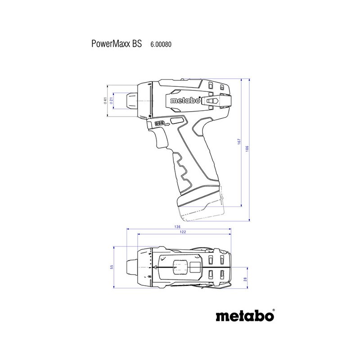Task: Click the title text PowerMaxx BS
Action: pos(117,44)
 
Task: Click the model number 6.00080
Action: pos(161,44)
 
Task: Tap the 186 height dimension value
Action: pos(247,148)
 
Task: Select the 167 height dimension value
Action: pos(239,141)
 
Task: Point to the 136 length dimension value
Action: pos(177,227)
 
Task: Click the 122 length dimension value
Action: pos(183,232)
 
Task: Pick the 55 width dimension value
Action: pos(112,267)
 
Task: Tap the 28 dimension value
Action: pos(245,279)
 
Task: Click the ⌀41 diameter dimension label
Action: pos(105,100)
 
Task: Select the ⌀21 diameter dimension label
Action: pos(111,100)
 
